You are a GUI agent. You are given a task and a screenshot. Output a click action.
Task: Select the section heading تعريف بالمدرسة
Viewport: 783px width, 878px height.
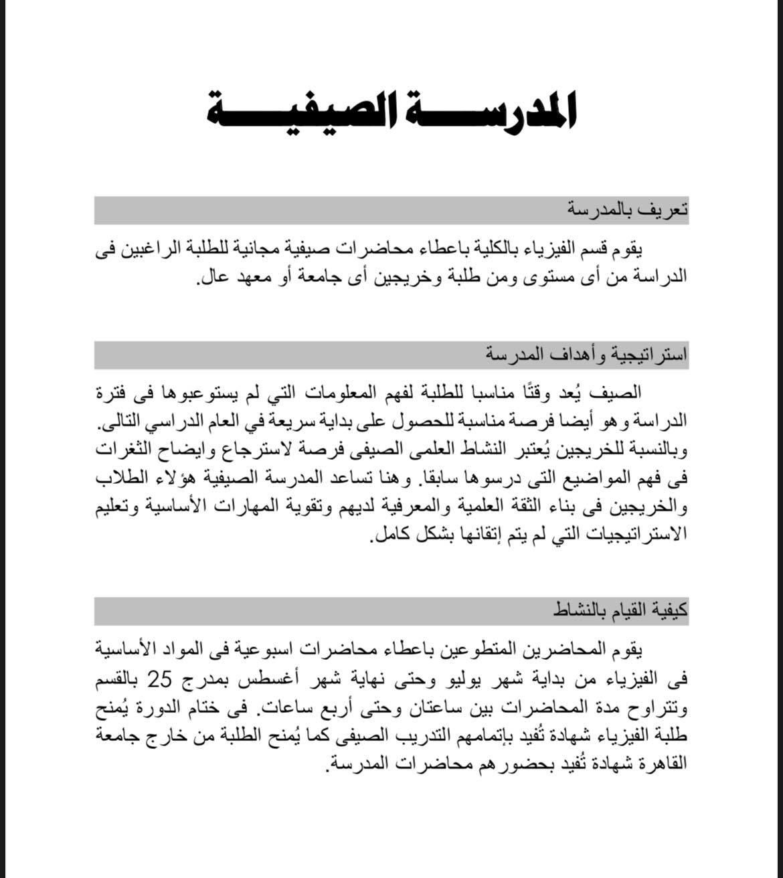click(627, 210)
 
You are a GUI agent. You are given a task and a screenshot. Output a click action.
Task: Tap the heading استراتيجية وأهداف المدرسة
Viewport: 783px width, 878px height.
click(587, 355)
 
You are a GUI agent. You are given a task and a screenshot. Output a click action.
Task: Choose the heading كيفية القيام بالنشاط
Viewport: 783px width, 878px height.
click(620, 611)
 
